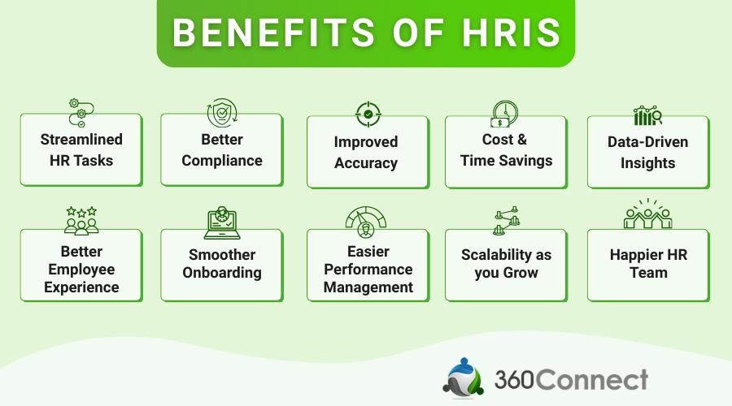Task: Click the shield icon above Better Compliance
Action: click(x=221, y=114)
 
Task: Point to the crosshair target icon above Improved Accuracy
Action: click(x=368, y=114)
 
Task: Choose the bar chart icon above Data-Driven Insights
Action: click(x=647, y=115)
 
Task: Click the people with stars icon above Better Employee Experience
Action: click(x=81, y=220)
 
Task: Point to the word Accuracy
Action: click(x=366, y=163)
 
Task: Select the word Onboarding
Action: click(x=222, y=273)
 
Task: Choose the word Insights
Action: click(x=647, y=163)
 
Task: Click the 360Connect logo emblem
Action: click(x=464, y=378)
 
